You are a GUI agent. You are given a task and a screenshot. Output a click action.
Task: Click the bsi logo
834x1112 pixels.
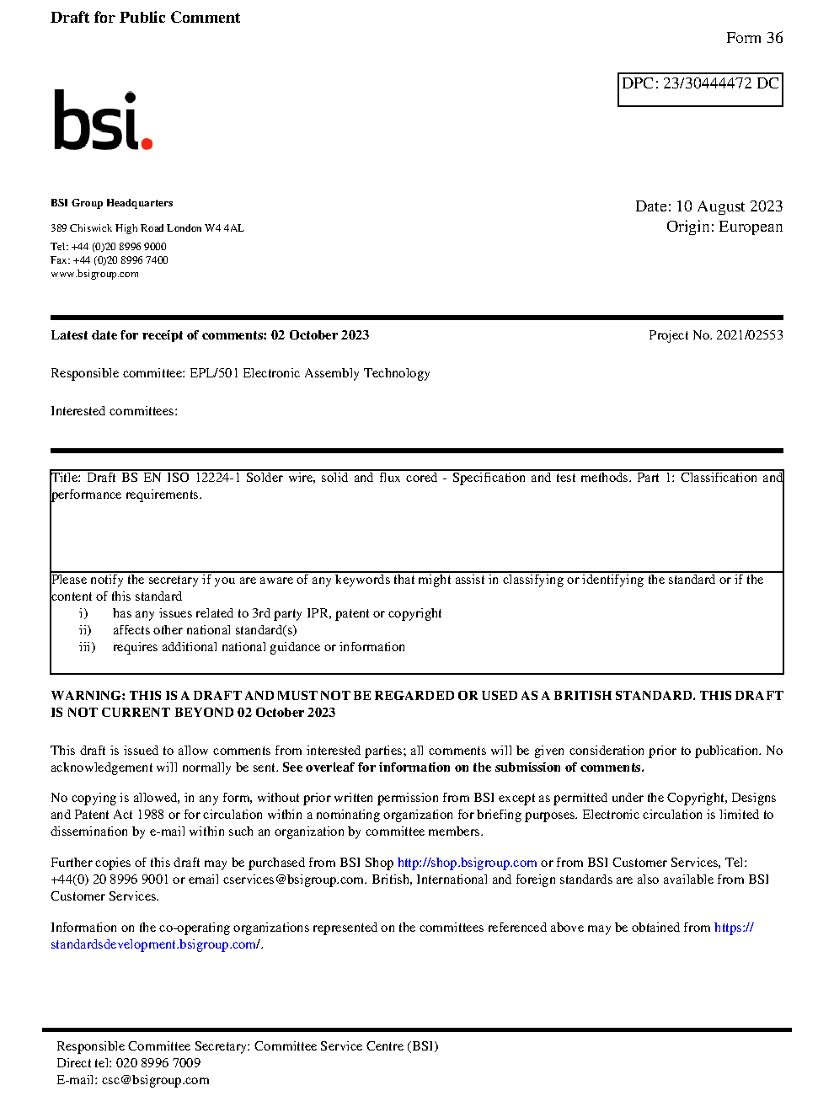pyautogui.click(x=102, y=120)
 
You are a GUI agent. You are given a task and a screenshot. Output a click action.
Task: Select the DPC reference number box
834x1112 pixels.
pyautogui.click(x=700, y=89)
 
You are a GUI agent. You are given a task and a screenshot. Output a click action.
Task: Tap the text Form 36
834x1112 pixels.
pyautogui.click(x=754, y=38)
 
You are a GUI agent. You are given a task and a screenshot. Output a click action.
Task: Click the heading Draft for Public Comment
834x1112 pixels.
pyautogui.click(x=145, y=18)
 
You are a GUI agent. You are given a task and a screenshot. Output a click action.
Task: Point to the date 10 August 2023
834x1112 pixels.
pyautogui.click(x=729, y=206)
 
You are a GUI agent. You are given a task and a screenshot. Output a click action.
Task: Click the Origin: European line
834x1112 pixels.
pyautogui.click(x=724, y=227)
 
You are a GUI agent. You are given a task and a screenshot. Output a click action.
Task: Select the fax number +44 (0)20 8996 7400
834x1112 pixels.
pyautogui.click(x=120, y=260)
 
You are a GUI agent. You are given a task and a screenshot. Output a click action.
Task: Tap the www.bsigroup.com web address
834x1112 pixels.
pyautogui.click(x=94, y=274)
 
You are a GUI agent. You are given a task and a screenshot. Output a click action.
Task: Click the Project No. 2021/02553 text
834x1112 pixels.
pyautogui.click(x=715, y=335)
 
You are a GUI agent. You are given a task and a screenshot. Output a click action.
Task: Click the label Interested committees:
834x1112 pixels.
pyautogui.click(x=114, y=411)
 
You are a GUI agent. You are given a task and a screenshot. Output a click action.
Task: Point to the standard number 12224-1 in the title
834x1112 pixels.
pyautogui.click(x=218, y=478)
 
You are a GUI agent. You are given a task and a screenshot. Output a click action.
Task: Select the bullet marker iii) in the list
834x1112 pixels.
pyautogui.click(x=87, y=647)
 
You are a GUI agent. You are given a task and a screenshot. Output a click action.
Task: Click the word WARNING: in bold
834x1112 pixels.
pyautogui.click(x=88, y=696)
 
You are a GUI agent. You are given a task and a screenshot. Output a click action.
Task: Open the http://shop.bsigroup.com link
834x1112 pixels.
pyautogui.click(x=467, y=863)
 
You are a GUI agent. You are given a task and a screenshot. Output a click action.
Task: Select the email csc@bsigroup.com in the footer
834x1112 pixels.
pyautogui.click(x=155, y=1080)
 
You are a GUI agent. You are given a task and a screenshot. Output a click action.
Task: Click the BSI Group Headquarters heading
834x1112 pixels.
pyautogui.click(x=111, y=203)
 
